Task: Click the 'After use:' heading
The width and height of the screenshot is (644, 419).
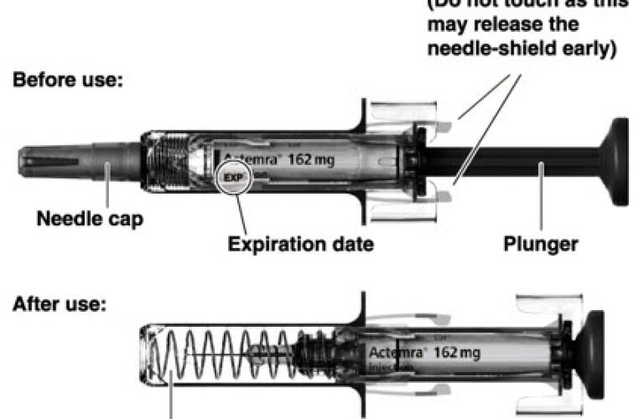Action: pos(58,303)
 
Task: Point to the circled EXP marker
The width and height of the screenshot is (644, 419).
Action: pos(232,178)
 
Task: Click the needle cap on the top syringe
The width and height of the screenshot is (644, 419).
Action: pos(75,160)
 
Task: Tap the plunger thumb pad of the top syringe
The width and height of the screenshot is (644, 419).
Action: pos(617,160)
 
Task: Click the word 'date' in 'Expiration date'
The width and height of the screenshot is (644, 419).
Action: pos(351,245)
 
